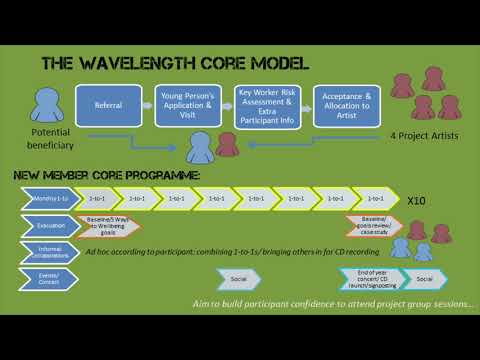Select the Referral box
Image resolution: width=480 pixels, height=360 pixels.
click(x=108, y=103)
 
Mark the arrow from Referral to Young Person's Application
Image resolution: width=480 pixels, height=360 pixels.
click(x=147, y=103)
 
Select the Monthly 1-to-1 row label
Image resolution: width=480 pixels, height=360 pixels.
click(x=47, y=199)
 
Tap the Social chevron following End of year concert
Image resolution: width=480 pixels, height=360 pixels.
click(x=425, y=278)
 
